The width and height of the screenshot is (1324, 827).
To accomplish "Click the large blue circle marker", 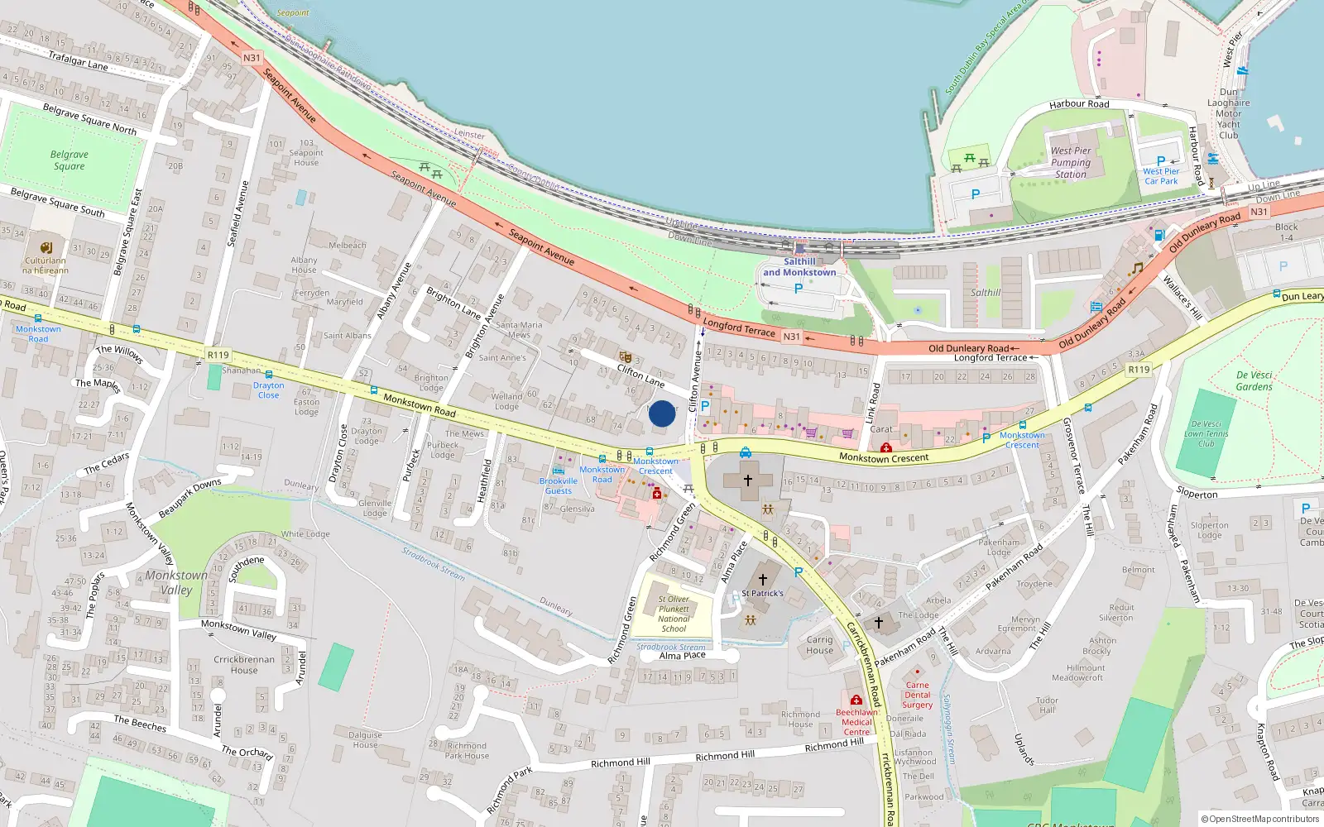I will tap(662, 413).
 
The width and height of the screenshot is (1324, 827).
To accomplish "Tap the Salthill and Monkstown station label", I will tap(799, 267).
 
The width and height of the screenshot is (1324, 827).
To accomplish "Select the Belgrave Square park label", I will tap(69, 160).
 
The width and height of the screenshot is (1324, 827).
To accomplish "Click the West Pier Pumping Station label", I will tap(1071, 163).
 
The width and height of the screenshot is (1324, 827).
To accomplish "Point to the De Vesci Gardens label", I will tap(1254, 380).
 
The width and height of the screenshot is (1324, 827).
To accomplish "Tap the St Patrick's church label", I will tap(762, 593).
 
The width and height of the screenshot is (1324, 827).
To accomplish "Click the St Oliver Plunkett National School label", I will tap(674, 614).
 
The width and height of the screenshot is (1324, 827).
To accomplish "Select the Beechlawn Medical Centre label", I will tap(856, 722).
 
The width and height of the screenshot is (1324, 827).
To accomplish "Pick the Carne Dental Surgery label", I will tap(917, 695).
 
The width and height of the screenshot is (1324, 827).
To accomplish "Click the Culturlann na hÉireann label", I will tap(46, 265).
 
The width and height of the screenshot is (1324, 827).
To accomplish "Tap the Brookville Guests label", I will tap(559, 485).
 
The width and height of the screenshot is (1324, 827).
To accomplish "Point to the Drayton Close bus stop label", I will tap(268, 390).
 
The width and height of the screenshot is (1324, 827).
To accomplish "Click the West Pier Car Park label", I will tap(1161, 176).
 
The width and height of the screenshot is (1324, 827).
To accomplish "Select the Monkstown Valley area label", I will tap(176, 582).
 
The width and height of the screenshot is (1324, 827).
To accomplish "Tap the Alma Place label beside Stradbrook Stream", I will tap(683, 656).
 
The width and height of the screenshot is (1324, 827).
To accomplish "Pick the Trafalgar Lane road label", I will tap(78, 60).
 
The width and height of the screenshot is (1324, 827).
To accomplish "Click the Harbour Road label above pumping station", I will tap(1079, 104).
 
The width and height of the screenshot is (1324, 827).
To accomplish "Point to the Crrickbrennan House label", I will tap(244, 665).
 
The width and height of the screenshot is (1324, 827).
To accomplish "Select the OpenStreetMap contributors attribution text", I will tap(1259, 820).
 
